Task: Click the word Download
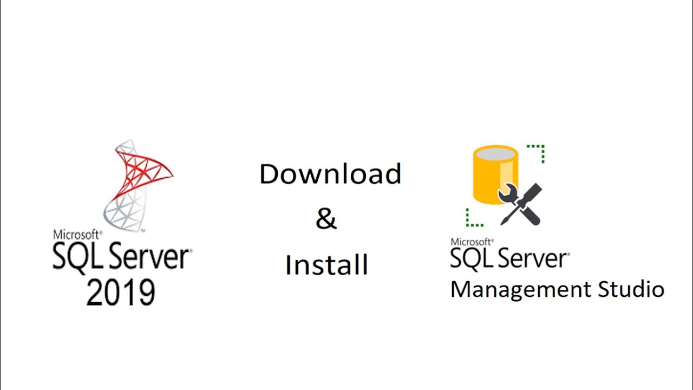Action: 330,174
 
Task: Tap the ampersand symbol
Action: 326,219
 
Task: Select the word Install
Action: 326,265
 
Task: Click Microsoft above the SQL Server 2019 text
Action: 76,235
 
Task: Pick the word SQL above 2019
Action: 75,258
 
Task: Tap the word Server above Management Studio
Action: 531,258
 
